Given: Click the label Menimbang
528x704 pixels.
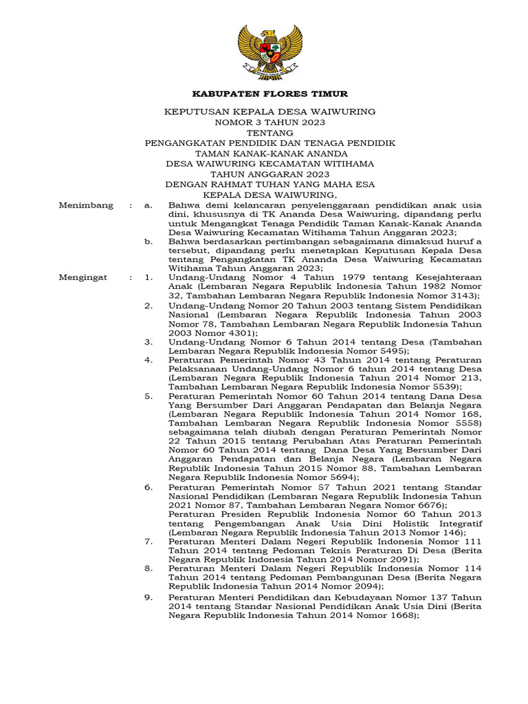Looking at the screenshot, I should tap(86, 206).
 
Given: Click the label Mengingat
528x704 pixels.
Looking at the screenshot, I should tap(85, 278).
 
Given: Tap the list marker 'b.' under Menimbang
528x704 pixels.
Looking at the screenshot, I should tap(147, 242).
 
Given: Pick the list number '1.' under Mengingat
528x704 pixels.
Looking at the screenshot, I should tap(148, 278).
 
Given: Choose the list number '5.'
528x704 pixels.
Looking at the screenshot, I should tap(148, 397).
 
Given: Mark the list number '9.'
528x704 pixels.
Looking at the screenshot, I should tap(148, 598).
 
